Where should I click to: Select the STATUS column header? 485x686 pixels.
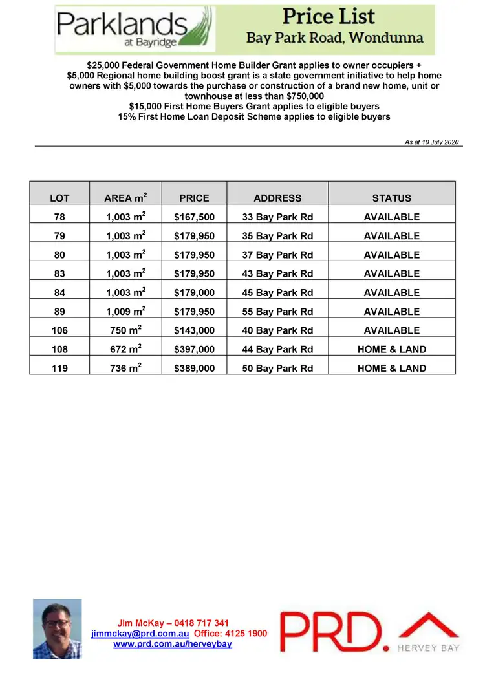(391, 198)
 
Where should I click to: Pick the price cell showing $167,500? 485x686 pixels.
(194, 217)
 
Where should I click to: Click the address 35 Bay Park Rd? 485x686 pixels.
(277, 236)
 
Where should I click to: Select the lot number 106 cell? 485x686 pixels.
(59, 330)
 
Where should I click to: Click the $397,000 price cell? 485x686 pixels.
(194, 349)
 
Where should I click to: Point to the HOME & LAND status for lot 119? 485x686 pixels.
(391, 368)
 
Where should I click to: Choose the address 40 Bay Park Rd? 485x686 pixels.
(277, 330)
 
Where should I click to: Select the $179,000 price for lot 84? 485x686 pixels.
(194, 292)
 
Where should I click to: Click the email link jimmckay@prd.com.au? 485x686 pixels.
(140, 634)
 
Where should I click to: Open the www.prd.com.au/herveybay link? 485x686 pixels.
(172, 644)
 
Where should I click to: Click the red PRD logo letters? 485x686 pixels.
(330, 632)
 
